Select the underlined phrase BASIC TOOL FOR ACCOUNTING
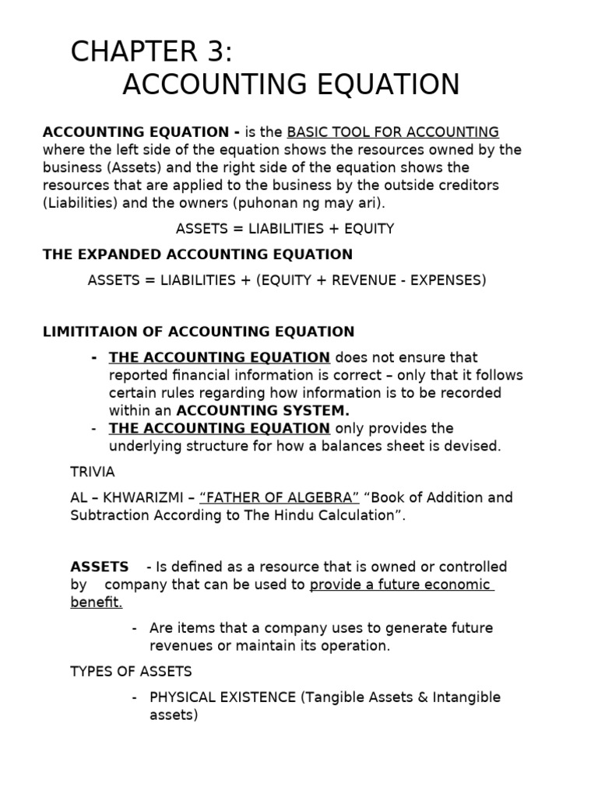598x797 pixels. pos(393,132)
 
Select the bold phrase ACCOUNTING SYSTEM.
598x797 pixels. pos(263,410)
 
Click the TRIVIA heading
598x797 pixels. pos(92,472)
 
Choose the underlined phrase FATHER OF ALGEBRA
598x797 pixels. pos(280,497)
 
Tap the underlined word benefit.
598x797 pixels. pos(97,602)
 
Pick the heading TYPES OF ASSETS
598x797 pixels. pos(131,671)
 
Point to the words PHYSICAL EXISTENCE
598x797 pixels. pos(223,697)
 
